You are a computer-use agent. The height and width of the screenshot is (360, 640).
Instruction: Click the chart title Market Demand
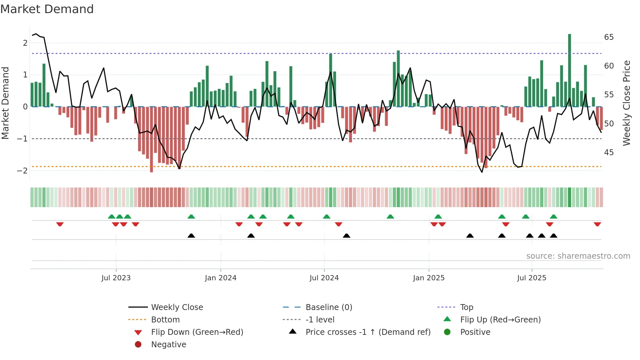(x=47, y=9)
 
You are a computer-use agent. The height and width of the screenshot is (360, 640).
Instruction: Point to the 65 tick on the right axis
(x=609, y=37)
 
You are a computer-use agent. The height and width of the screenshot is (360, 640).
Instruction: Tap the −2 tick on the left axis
(x=23, y=171)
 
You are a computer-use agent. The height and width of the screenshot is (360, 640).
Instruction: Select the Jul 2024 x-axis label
(x=324, y=278)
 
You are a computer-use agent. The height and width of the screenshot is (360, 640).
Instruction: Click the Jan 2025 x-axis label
(x=428, y=278)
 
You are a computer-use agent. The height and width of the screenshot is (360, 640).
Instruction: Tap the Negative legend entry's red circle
(x=138, y=345)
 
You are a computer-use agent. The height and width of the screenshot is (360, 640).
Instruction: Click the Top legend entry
(x=466, y=307)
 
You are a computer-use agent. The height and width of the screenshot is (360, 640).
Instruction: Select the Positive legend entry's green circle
(x=447, y=332)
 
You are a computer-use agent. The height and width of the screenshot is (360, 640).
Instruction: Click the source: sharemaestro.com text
(x=578, y=256)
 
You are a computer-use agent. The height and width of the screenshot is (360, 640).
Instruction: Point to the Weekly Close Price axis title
(x=626, y=103)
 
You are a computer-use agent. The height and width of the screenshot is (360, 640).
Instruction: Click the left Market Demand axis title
(x=6, y=103)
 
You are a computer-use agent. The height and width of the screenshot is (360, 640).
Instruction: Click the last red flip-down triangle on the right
(x=597, y=224)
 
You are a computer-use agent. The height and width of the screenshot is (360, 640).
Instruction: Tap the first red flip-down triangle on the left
(x=60, y=224)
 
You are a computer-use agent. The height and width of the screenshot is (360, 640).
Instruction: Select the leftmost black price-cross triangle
(x=191, y=236)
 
